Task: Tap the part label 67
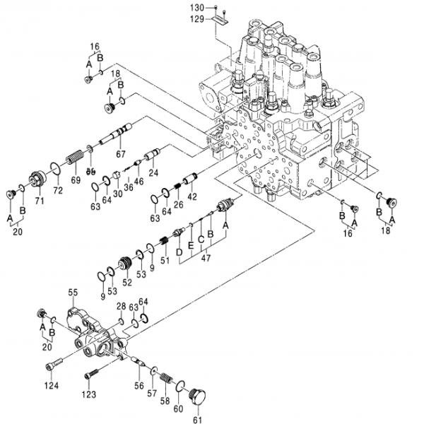[120, 154]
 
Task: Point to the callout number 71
[40, 201]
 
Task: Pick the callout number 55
[73, 291]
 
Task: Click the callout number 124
[51, 385]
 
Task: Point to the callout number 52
[127, 283]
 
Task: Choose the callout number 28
[121, 306]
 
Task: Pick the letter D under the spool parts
[179, 251]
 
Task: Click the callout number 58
[165, 401]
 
